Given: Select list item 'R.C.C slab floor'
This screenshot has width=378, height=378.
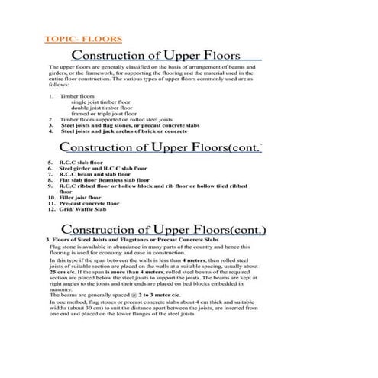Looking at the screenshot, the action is click(x=80, y=163).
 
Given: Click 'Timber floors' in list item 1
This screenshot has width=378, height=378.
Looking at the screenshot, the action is click(x=79, y=95).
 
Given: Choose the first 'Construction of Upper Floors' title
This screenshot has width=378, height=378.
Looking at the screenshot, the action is click(x=156, y=56).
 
